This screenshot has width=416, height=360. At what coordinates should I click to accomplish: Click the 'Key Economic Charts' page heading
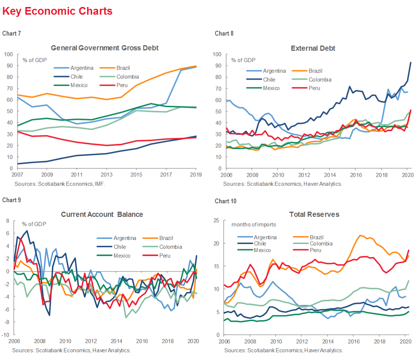point(57,11)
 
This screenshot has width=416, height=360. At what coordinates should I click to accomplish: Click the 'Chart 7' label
point(11,33)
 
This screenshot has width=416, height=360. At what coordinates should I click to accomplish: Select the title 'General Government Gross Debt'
point(105,48)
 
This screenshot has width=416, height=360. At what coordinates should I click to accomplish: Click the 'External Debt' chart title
point(313,48)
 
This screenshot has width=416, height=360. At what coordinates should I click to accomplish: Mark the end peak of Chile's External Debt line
point(410,62)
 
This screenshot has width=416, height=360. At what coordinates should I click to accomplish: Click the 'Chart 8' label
point(224,33)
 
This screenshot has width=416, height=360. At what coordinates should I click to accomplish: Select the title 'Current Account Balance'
point(102,215)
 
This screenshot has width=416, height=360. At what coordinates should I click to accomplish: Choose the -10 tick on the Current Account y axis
point(6,335)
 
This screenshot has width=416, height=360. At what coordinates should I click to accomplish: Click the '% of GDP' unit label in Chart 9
point(35,224)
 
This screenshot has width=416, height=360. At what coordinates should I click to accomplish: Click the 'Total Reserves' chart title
point(314,215)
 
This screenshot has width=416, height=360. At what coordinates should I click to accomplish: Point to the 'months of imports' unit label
point(253,225)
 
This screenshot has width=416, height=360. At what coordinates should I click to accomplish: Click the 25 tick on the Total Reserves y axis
point(216,221)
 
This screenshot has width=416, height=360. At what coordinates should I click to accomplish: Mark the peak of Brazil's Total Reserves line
point(360,235)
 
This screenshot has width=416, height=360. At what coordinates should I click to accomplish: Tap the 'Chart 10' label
point(226,201)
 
